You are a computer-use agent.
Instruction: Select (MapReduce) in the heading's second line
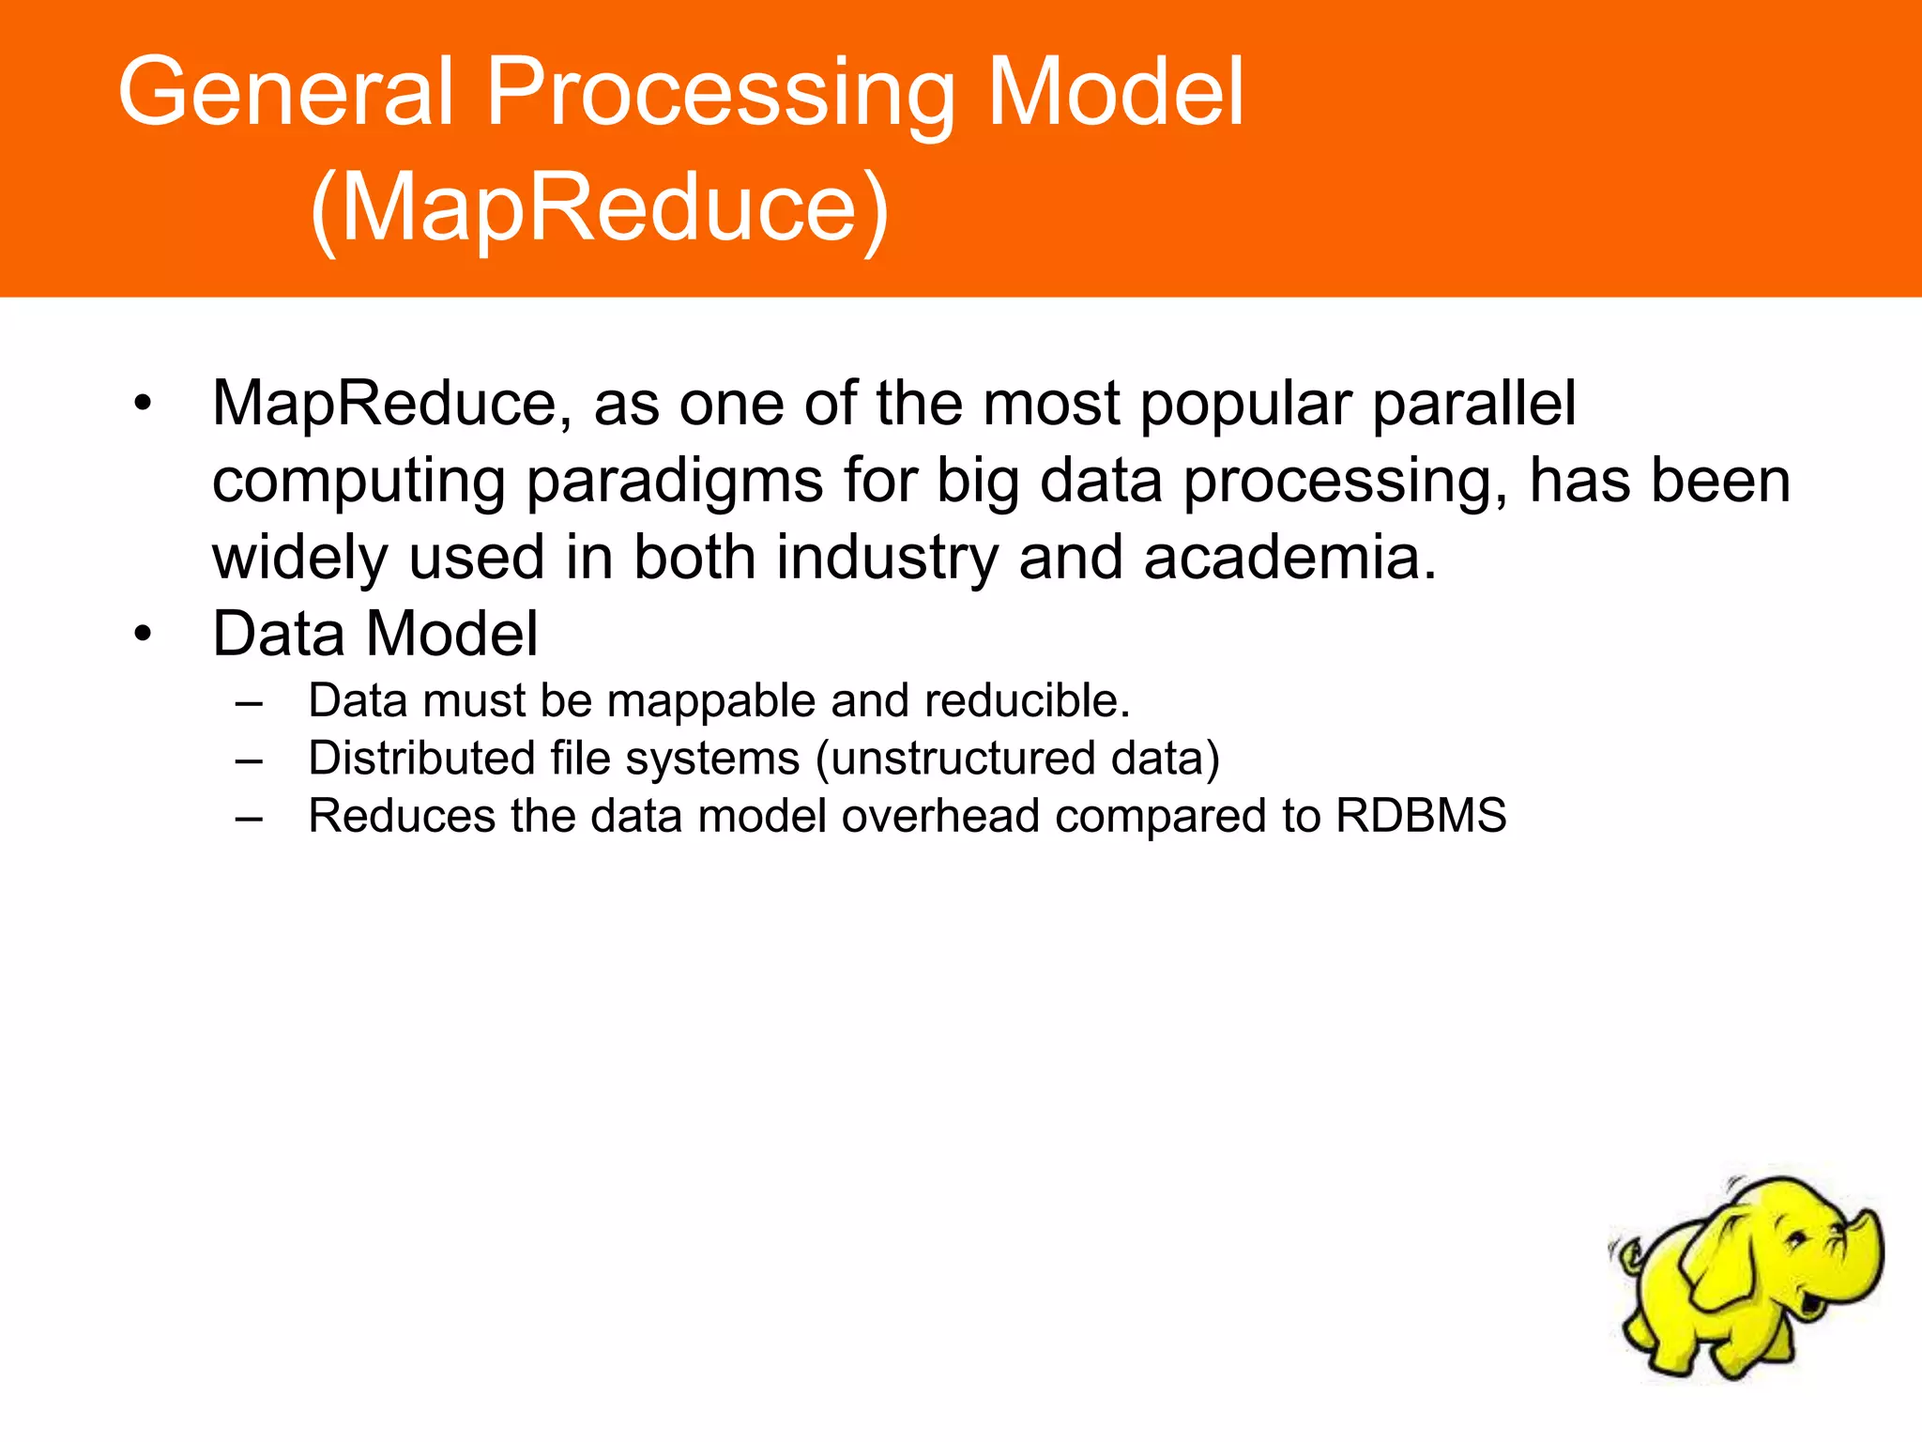[599, 208]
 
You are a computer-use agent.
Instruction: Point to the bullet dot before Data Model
[142, 635]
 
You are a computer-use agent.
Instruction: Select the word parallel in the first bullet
[1473, 404]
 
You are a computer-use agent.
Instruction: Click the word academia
[1289, 558]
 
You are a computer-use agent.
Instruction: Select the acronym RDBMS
[1421, 816]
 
